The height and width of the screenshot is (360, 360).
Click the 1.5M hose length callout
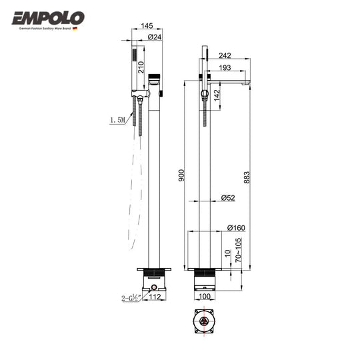(119, 121)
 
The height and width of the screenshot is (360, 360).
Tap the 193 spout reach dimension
(225, 69)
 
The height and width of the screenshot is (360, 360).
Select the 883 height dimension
(248, 174)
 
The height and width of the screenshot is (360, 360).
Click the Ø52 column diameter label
(228, 197)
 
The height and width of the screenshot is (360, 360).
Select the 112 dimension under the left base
(155, 297)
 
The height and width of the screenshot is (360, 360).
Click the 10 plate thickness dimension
(228, 255)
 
